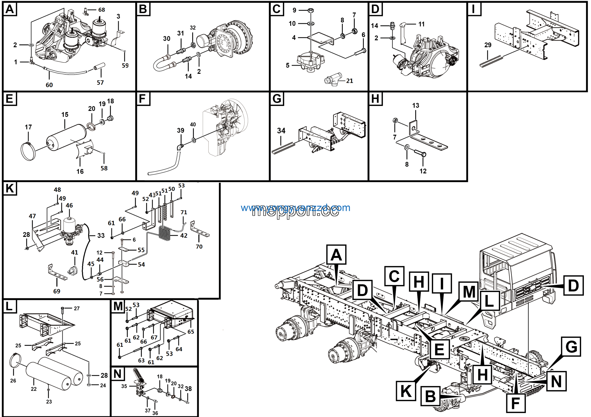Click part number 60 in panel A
tap(49, 85)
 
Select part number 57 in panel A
tap(100, 83)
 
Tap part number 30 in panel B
tap(166, 39)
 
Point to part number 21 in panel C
tap(349, 81)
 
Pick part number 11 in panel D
tap(421, 24)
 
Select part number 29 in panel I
tap(488, 45)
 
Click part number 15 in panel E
tap(65, 115)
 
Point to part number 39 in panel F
tap(181, 131)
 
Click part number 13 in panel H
tap(416, 106)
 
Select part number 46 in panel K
tap(69, 206)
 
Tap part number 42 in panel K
tap(184, 235)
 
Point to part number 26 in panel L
tap(13, 381)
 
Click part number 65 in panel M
tap(191, 332)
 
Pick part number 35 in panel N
tap(124, 386)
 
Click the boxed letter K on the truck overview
tap(406, 391)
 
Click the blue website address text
tap(295, 208)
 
